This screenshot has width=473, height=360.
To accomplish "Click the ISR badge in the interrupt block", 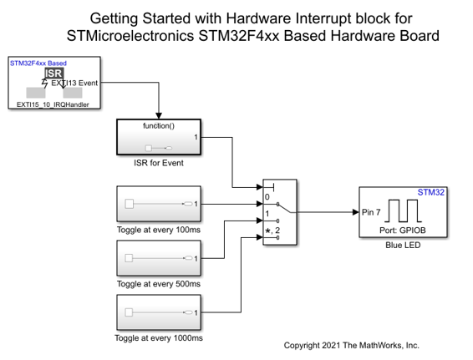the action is [x=54, y=74].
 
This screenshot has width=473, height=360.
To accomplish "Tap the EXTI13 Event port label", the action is [x=74, y=83].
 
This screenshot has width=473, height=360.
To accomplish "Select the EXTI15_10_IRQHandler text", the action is [x=53, y=104].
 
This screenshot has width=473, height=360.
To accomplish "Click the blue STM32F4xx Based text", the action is [x=38, y=63].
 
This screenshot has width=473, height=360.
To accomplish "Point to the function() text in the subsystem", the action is [x=159, y=126].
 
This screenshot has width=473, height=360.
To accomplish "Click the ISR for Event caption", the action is [x=159, y=163].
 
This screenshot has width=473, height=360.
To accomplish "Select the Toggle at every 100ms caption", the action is [x=159, y=230].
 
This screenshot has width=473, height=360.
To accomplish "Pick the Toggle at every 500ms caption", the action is [x=159, y=284].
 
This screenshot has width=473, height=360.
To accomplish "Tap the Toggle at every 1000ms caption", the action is [x=159, y=338].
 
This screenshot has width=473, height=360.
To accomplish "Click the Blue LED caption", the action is [x=403, y=245].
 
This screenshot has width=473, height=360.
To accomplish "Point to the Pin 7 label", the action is [x=371, y=212].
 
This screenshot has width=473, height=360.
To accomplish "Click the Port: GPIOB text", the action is [x=403, y=231].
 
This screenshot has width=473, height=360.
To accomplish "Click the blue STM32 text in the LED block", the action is [x=430, y=192].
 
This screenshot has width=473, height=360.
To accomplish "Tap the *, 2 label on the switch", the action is [x=272, y=231].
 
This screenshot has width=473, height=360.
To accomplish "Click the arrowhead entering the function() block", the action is [x=159, y=116].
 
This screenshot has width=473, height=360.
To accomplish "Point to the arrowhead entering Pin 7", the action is [x=356, y=212].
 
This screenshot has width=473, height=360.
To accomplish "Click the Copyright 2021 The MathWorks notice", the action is [x=352, y=346].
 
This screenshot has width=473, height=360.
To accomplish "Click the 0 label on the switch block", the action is [x=267, y=197].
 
